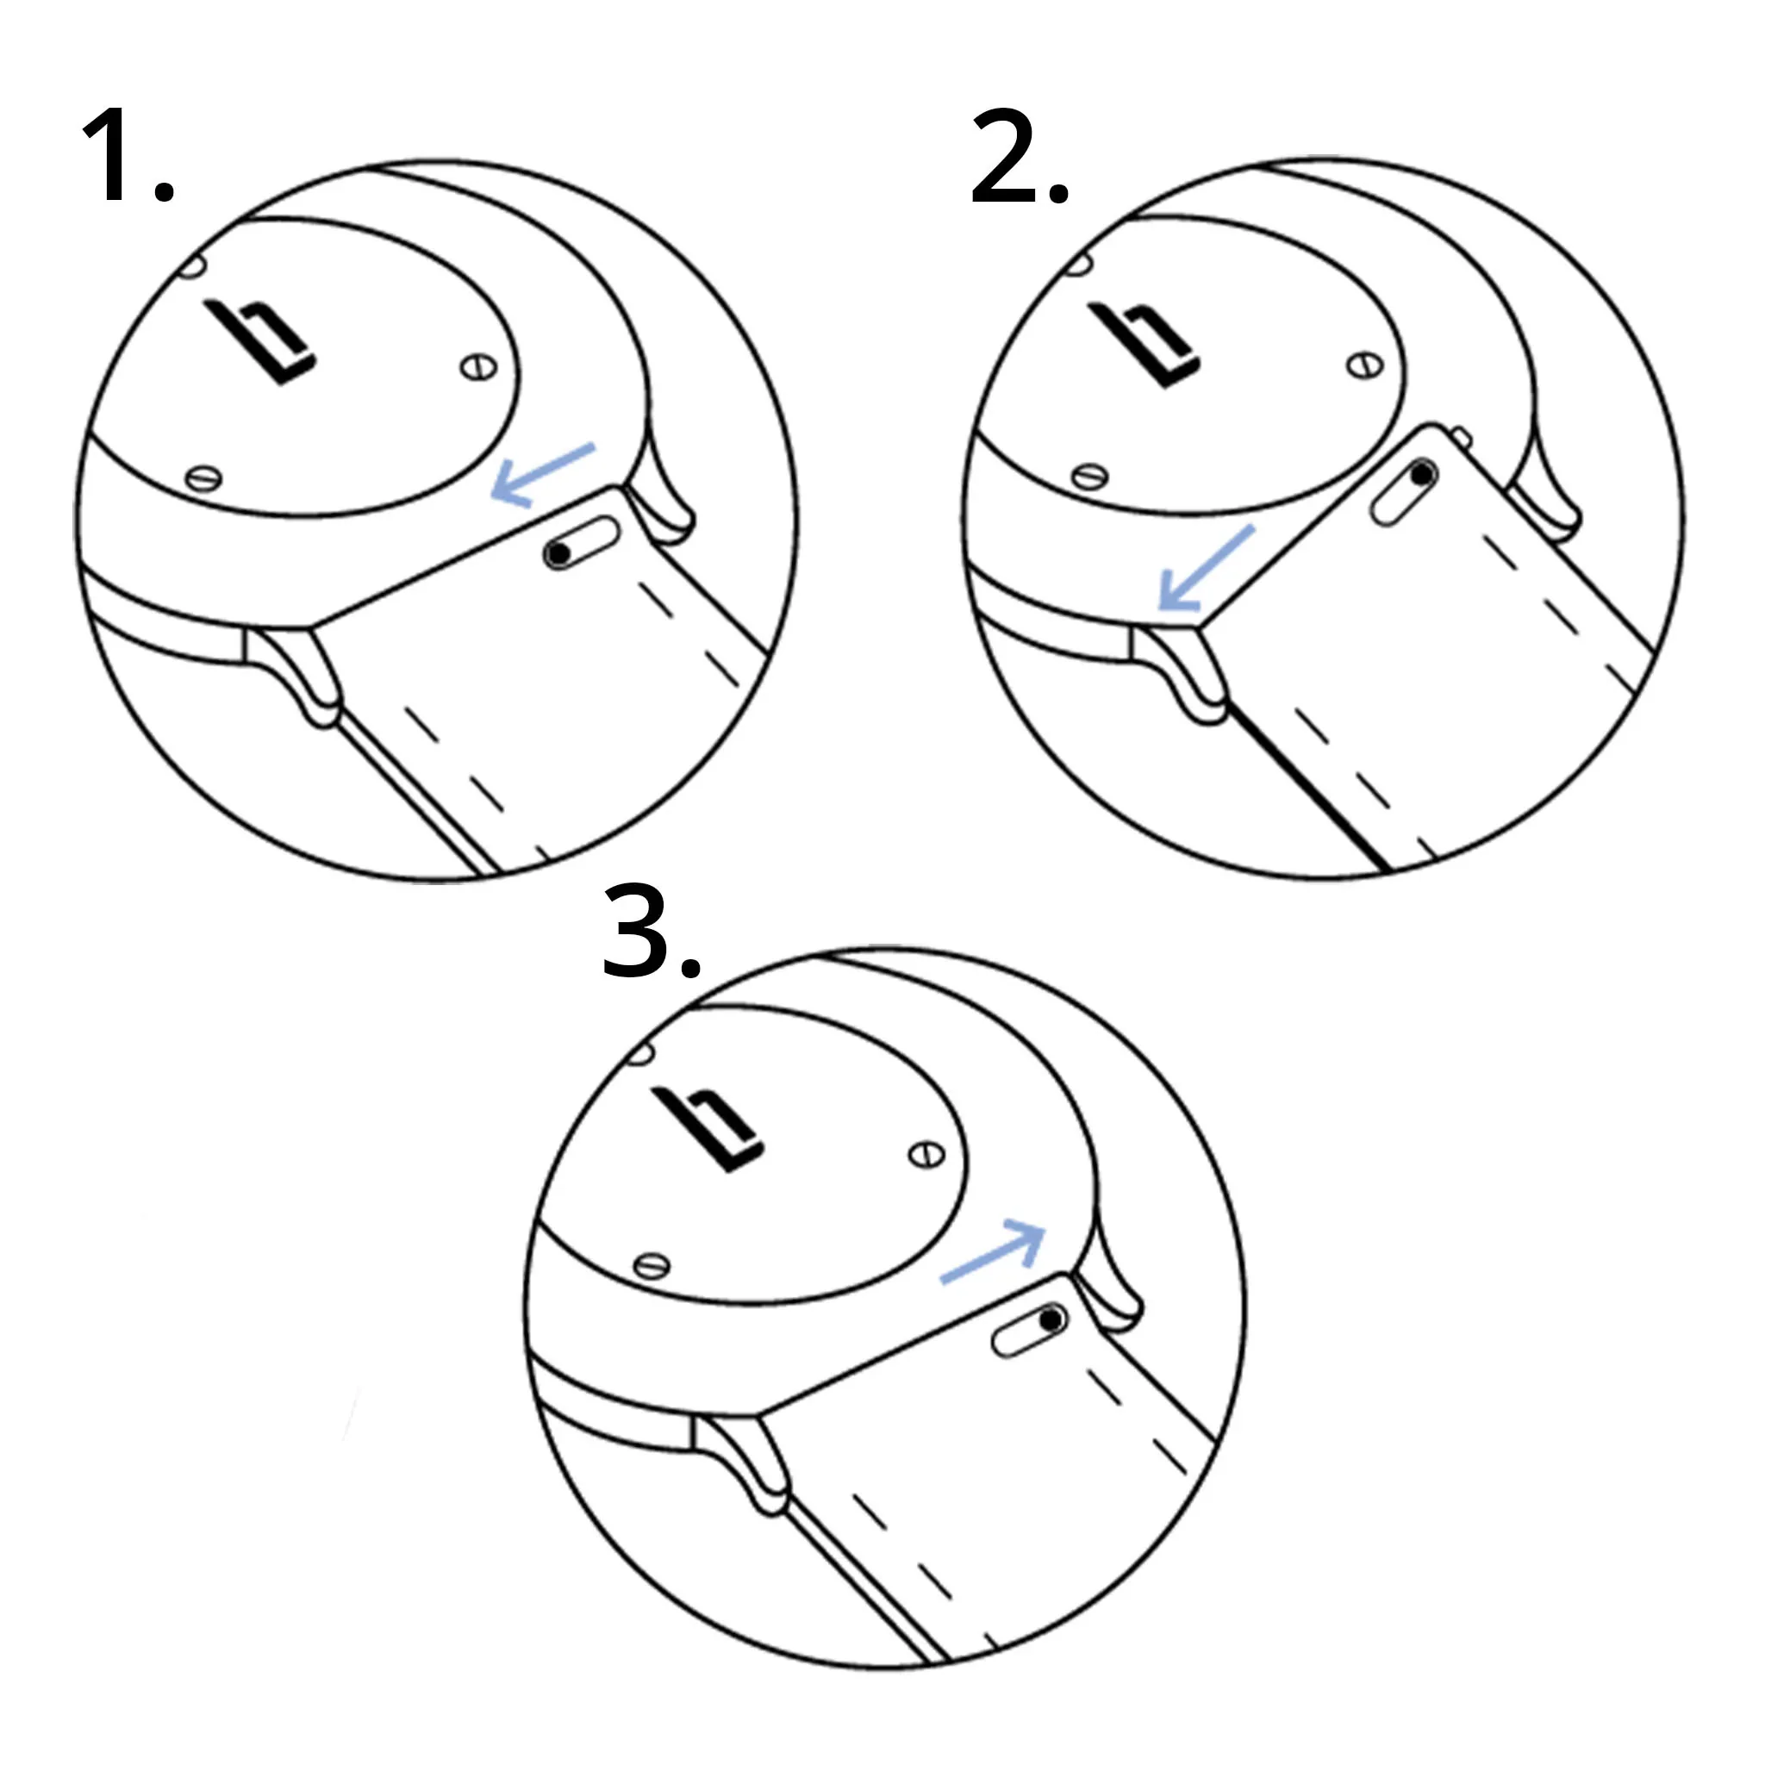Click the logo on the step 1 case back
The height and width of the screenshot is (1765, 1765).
260,340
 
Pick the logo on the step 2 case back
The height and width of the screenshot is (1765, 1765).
1144,345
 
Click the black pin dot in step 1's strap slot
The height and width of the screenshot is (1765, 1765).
558,553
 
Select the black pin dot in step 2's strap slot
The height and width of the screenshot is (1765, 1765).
1422,475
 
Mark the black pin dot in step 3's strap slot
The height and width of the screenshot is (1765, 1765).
1051,1319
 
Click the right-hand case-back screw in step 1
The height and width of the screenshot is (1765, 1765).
477,368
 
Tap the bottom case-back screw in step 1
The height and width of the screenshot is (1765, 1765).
203,477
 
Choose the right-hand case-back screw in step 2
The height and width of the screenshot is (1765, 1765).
1365,366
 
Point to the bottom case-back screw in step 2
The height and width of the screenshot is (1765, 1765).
1090,476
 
